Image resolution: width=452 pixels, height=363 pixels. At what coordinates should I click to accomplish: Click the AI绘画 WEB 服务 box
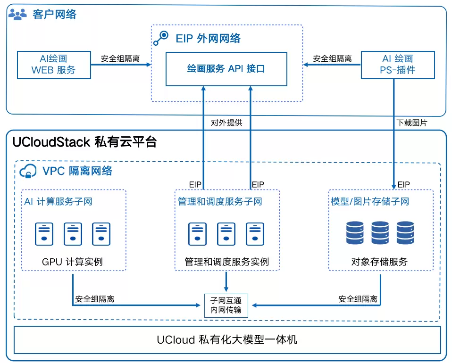(x=53, y=65)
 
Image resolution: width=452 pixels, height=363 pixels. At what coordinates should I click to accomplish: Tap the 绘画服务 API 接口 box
(x=226, y=69)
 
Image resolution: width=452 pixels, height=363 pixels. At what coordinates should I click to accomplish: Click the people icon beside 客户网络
(x=18, y=15)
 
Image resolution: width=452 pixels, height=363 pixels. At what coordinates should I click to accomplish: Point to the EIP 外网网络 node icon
(x=161, y=38)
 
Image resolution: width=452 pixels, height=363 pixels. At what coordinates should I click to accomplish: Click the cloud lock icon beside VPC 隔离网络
(x=28, y=171)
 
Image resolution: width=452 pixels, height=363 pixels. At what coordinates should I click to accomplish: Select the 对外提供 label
(x=226, y=123)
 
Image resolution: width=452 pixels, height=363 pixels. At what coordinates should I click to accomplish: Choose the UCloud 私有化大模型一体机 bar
(x=227, y=339)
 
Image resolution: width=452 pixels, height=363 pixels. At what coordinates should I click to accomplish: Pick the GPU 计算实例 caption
(x=72, y=262)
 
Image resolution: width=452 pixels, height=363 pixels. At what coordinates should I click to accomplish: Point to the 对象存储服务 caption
(x=379, y=262)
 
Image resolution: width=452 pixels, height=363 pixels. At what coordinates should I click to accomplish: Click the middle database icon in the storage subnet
(x=380, y=233)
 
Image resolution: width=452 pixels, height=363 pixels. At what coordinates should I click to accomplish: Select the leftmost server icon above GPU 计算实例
(x=44, y=233)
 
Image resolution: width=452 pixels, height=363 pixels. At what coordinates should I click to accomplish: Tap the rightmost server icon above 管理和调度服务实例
(x=255, y=233)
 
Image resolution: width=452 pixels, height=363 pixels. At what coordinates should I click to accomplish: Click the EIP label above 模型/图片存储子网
(x=403, y=184)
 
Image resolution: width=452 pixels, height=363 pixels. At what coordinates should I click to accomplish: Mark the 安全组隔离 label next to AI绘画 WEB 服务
(x=120, y=59)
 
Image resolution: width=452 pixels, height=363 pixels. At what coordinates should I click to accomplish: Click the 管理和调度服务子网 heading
(x=220, y=202)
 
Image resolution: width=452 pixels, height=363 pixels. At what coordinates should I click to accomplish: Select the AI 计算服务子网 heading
(x=59, y=202)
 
